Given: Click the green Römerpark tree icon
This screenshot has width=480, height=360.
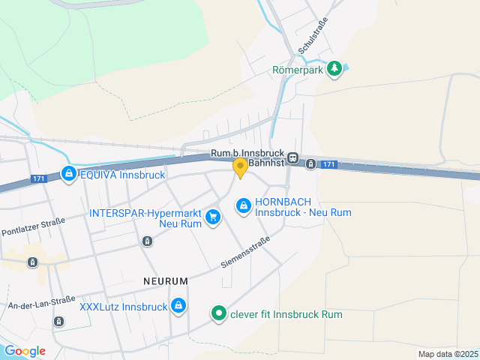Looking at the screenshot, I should point(334,70).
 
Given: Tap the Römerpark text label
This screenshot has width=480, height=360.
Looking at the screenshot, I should point(296,72).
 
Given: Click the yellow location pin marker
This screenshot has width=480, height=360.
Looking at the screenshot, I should point(240,168).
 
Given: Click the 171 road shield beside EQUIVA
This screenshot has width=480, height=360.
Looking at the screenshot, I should point(40,178).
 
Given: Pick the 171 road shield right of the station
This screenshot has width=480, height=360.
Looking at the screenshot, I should point(328,164).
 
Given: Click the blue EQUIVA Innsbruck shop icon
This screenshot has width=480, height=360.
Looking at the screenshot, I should point(68,174).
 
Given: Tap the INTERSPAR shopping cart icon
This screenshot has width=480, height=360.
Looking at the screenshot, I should point(214,217).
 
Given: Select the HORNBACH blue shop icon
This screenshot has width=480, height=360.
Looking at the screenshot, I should point(243,205).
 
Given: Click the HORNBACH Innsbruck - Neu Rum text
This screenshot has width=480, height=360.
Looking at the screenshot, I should point(303,207).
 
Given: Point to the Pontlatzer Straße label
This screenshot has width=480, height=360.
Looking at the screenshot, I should point(33,226).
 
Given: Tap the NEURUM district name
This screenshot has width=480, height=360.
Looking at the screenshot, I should point(164,280).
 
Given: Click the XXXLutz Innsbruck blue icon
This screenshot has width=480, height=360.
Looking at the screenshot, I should point(178,306).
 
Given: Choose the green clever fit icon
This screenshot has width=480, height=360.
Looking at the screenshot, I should point(218,313).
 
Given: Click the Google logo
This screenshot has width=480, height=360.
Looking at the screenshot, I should point(25,351).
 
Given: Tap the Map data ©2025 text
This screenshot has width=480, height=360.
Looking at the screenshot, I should point(448,354).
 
